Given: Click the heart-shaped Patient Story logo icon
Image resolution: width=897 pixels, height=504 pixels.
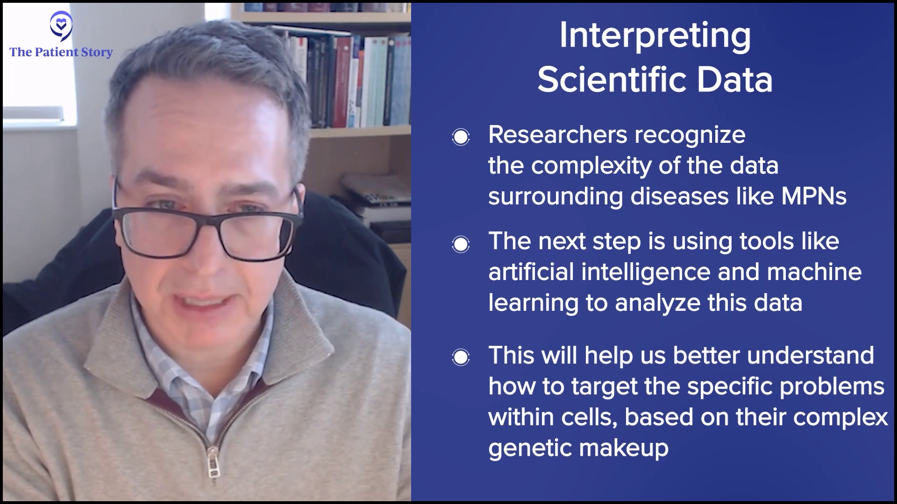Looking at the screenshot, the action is pyautogui.click(x=61, y=26).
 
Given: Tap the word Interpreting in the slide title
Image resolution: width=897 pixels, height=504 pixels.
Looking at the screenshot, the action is pyautogui.click(x=655, y=36).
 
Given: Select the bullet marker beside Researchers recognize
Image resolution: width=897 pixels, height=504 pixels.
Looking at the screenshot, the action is pyautogui.click(x=461, y=137).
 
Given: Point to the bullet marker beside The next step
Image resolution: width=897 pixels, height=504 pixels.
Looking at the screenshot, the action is pyautogui.click(x=461, y=244).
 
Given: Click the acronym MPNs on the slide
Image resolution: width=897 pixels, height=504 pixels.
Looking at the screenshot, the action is pyautogui.click(x=814, y=196).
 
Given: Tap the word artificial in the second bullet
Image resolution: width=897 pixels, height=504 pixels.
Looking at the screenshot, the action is pyautogui.click(x=531, y=272).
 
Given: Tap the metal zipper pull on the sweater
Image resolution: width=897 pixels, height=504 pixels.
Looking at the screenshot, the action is pyautogui.click(x=213, y=462).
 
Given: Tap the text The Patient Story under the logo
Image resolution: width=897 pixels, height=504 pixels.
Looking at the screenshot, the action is pyautogui.click(x=61, y=52).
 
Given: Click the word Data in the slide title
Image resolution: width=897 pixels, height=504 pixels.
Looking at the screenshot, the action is pyautogui.click(x=735, y=80).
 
